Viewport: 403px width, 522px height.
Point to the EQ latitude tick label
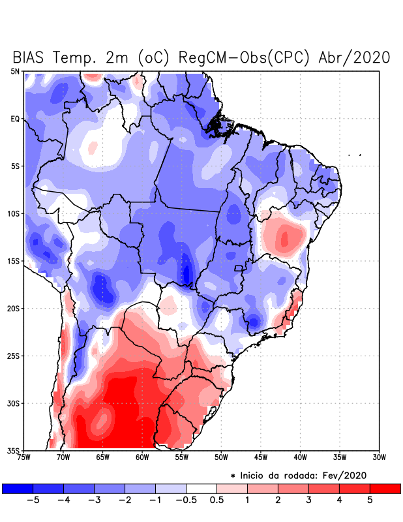pos(16,119)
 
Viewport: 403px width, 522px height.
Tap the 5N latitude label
pos(15,71)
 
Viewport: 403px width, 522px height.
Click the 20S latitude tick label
pos(13,308)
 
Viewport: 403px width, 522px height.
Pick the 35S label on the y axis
pos(13,450)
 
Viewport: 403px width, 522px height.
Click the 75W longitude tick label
pos(24,457)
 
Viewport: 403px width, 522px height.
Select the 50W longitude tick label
pos(221,457)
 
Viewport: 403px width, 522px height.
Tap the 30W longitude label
pos(379,457)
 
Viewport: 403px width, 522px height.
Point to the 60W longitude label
pos(142,457)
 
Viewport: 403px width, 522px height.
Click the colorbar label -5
pos(31,500)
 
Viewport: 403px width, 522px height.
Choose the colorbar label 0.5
pos(216,500)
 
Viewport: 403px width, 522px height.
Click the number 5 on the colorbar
pos(370,500)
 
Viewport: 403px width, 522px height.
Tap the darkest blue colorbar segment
pos(18,488)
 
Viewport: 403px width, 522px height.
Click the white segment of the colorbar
pos(201,488)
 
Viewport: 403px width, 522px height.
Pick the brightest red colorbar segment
pos(385,488)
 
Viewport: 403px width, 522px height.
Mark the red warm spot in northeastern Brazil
pos(284,238)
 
